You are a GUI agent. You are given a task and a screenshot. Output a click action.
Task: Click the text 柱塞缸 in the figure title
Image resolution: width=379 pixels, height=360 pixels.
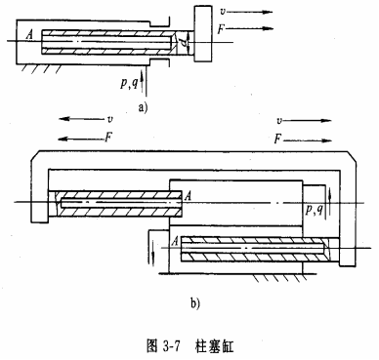coord(214,343)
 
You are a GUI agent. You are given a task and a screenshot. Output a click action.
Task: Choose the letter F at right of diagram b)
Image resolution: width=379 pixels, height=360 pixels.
coord(280,140)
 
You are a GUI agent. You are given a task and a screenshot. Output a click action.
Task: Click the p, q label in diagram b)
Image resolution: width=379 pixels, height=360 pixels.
coord(314,209)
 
